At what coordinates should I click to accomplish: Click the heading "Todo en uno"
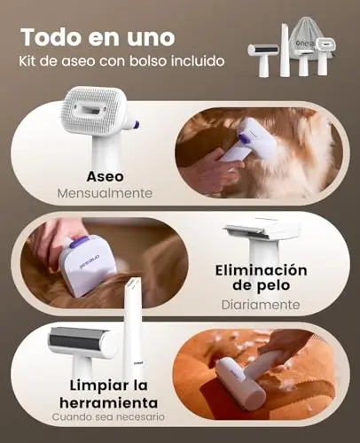click(98, 37)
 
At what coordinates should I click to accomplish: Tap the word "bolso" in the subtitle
click(145, 61)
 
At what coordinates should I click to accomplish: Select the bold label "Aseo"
click(106, 176)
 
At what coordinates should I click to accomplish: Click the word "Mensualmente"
click(105, 193)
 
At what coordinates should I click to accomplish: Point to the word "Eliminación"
click(261, 270)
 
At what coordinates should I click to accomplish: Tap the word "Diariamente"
click(261, 305)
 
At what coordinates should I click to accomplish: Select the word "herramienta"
click(109, 403)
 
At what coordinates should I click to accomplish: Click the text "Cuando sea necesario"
click(108, 417)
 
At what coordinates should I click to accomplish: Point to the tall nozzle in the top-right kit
click(285, 51)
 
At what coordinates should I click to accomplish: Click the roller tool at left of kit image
click(263, 59)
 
